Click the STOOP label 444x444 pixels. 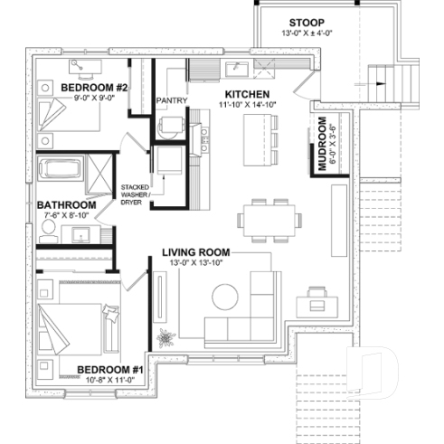307,22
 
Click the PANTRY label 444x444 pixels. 170,100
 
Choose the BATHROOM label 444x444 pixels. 67,205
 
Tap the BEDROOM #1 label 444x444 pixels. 110,370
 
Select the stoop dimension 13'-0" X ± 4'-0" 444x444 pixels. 307,35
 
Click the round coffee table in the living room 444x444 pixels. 224,296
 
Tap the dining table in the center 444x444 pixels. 267,219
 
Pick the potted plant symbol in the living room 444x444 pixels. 165,340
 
